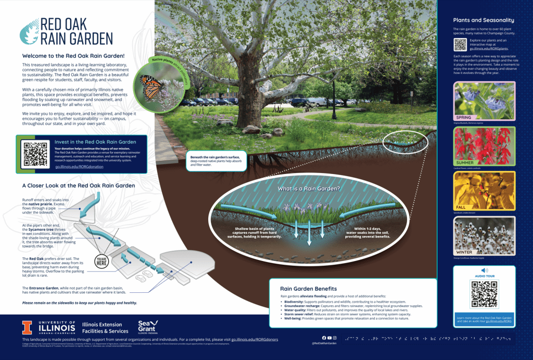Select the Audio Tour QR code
(484, 294)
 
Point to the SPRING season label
(464, 118)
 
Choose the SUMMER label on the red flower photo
(465, 163)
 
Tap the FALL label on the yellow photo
(461, 207)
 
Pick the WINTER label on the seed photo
(464, 252)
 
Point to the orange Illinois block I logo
(27, 327)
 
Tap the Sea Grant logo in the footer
(147, 327)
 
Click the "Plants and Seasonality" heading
(484, 20)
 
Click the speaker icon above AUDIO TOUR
(485, 270)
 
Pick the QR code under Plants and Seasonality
(460, 44)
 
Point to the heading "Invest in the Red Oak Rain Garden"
(95, 142)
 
